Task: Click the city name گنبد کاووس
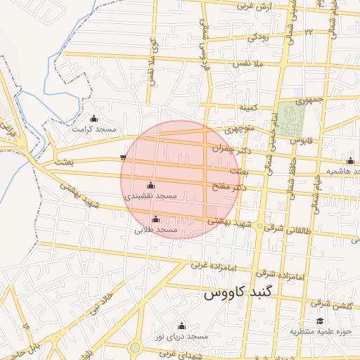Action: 241,294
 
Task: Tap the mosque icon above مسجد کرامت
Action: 94,118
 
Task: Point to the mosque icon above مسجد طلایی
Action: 155,219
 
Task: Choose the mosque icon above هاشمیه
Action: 350,161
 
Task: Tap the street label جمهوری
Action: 311,101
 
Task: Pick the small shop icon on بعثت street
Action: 124,157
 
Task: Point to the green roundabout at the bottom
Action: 135,347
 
